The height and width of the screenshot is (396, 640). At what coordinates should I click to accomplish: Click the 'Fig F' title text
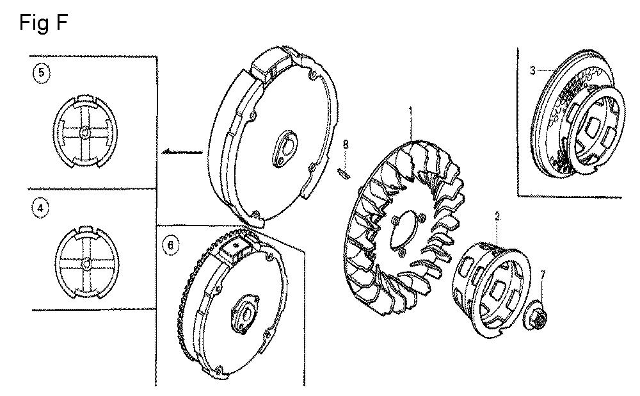(44, 22)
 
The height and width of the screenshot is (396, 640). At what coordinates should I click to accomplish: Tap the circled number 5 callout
(41, 74)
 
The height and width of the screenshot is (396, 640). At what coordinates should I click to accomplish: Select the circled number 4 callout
(40, 209)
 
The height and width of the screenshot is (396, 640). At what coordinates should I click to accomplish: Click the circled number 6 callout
(171, 246)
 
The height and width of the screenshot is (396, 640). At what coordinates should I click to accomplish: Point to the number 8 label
(346, 144)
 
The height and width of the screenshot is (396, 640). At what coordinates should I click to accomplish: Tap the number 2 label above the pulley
(497, 217)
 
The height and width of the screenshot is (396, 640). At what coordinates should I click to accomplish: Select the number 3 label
(532, 70)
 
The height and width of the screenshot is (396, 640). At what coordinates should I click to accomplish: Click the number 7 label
(543, 275)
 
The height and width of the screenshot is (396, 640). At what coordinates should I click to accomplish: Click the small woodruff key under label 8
(343, 173)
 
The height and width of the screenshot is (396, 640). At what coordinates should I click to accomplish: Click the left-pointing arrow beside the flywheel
(182, 153)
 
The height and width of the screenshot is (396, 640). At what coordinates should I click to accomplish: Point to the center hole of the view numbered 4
(86, 263)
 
